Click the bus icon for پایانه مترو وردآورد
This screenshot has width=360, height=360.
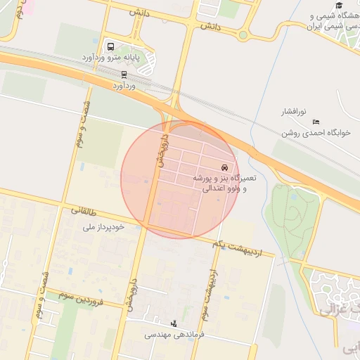110,46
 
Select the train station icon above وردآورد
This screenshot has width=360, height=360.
124,74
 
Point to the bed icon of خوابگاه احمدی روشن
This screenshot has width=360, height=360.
316,122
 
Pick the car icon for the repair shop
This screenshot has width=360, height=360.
224,168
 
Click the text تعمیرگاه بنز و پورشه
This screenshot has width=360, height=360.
226,179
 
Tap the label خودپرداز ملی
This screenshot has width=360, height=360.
103,226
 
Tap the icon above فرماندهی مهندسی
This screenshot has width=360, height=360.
174,323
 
